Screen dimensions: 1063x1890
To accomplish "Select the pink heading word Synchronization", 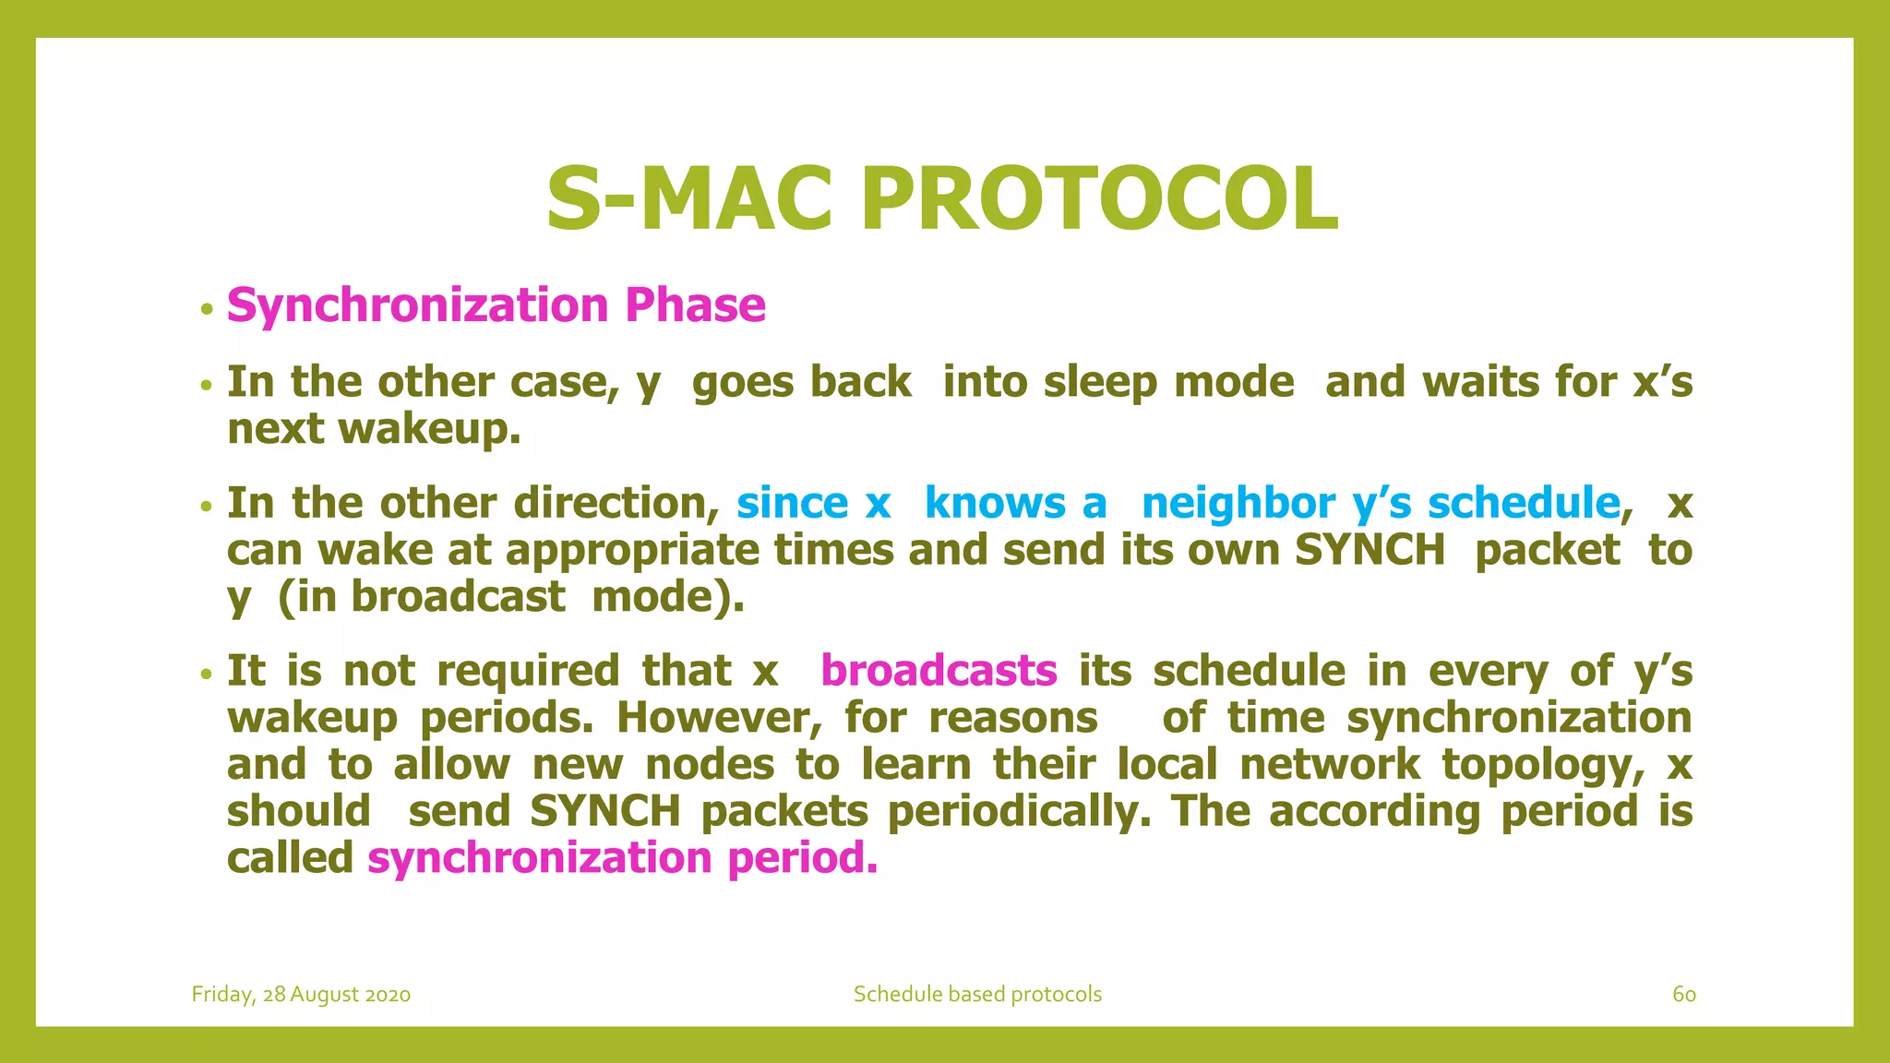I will pos(417,305).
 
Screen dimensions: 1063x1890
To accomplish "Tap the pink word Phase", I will pos(695,305).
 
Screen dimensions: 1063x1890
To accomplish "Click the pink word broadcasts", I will pos(939,671).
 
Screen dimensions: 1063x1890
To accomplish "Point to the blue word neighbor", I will pos(1238,504).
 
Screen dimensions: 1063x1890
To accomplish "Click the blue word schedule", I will pos(1523,504).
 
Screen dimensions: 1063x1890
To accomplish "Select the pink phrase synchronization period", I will pos(622,858).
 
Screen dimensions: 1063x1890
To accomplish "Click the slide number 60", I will pos(1683,994).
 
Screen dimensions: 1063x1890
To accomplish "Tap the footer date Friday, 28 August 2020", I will pos(301,994).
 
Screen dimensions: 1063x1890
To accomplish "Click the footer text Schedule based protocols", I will pos(977,994).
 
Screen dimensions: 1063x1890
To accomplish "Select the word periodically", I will pos(1020,812).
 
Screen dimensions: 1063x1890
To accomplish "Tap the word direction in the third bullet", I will pos(616,504).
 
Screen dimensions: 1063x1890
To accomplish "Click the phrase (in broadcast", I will pos(422,597).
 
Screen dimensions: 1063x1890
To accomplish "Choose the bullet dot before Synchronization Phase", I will pos(207,308).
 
